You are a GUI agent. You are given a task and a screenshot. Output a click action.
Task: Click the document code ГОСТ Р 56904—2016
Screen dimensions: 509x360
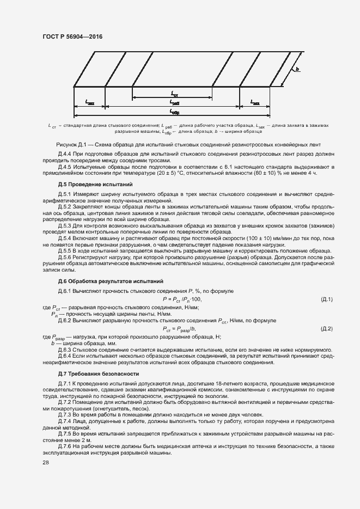pyautogui.click(x=72, y=36)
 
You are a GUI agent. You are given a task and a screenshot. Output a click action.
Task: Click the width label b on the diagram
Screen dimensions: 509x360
pyautogui.click(x=298, y=70)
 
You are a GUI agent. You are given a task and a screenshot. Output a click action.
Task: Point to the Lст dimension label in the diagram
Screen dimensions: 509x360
pyautogui.click(x=174, y=94)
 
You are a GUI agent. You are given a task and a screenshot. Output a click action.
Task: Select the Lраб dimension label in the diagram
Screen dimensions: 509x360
pyautogui.click(x=174, y=102)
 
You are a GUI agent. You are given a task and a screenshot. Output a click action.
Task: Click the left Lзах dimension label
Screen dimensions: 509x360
pyautogui.click(x=90, y=102)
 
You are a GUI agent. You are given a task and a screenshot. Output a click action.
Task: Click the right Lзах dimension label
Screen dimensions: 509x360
pyautogui.click(x=255, y=102)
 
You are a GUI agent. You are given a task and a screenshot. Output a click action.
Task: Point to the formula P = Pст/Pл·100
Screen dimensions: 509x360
pyautogui.click(x=182, y=299)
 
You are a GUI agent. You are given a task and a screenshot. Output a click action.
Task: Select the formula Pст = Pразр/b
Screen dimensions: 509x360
pyautogui.click(x=179, y=329)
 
